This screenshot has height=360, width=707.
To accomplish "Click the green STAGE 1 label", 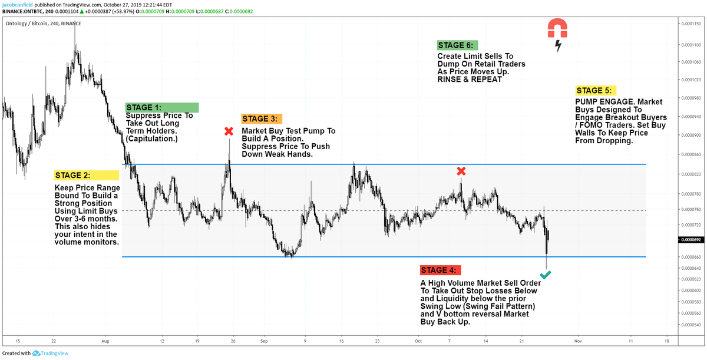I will click(x=161, y=107).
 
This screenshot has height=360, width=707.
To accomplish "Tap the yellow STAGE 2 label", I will click(x=86, y=175).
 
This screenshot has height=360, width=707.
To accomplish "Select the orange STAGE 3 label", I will click(x=262, y=119).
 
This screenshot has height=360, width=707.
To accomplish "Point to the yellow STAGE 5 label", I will click(x=595, y=91).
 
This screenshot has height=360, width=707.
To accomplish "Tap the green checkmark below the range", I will click(x=546, y=275).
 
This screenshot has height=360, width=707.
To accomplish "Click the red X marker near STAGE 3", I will click(x=229, y=131).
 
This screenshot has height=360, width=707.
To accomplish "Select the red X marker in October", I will click(x=461, y=171).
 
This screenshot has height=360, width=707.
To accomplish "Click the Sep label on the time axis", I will click(x=264, y=341).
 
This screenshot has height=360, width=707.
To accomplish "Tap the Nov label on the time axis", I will click(x=578, y=341).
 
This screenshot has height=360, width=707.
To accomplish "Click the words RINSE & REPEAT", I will click(x=470, y=79).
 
